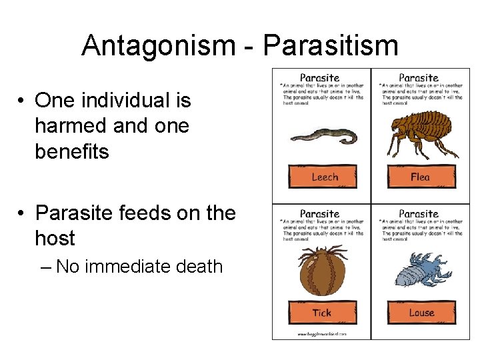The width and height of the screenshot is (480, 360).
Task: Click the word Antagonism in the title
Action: pos(157,45)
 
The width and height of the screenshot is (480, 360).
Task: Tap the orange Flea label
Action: pos(421,177)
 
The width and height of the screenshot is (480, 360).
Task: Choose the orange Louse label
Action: pos(421,313)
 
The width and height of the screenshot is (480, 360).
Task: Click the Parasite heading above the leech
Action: pos(321,78)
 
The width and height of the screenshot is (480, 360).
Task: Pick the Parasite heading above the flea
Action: pos(419,78)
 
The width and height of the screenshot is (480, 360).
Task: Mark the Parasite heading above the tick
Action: pos(321,214)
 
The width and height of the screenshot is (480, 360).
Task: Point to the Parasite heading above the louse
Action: pos(419,214)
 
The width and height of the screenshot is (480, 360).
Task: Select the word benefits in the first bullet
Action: pos(71,151)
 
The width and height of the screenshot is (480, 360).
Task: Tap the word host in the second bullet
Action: pos(55,238)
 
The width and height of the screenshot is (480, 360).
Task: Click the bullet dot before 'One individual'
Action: pos(22,101)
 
